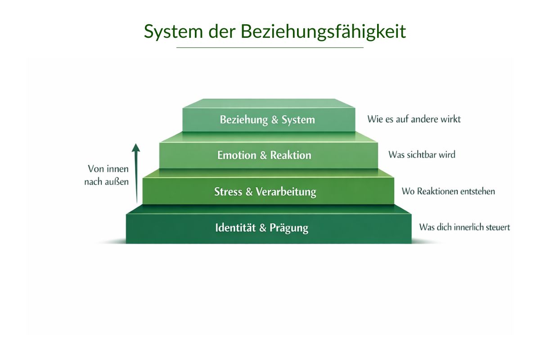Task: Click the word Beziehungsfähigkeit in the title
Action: click(x=323, y=31)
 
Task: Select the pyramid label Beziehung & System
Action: click(x=267, y=120)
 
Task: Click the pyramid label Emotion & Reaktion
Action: click(x=264, y=155)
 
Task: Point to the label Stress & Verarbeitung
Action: click(x=265, y=192)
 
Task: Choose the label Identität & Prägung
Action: click(x=262, y=228)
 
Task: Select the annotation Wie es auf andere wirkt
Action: click(x=414, y=119)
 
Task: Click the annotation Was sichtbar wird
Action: click(x=422, y=155)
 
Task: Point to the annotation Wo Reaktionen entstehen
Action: click(x=448, y=191)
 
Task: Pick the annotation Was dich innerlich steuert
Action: click(x=464, y=227)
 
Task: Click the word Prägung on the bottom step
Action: click(x=289, y=228)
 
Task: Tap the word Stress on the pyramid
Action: click(x=228, y=192)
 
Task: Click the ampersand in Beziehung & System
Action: click(x=274, y=120)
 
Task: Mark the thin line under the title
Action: click(x=270, y=47)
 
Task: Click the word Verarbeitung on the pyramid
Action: click(x=286, y=192)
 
